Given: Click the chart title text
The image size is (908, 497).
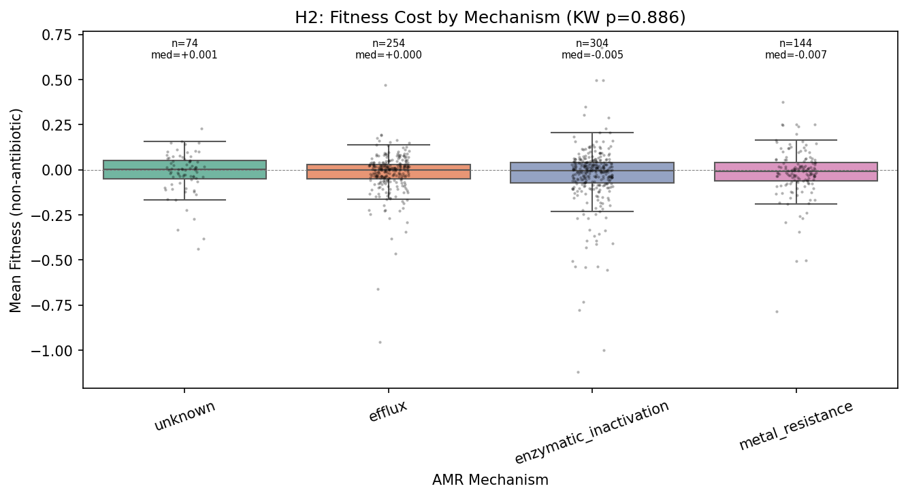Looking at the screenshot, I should click(489, 18).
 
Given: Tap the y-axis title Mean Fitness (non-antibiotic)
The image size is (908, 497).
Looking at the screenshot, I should click(16, 209).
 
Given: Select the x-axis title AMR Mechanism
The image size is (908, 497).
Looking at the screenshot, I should click(489, 480).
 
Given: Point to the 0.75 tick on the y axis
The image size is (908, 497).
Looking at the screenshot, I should click(57, 35).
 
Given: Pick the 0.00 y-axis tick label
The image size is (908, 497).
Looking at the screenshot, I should click(57, 170).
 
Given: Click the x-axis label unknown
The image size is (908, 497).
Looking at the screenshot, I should click(184, 415).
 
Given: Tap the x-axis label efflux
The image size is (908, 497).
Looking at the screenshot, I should click(388, 411).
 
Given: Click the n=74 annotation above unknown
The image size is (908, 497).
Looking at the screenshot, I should click(184, 44).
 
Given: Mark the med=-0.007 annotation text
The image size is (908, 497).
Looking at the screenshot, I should click(796, 55).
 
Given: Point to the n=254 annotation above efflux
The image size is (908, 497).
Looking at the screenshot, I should click(388, 44).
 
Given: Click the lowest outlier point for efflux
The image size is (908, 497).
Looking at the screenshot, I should click(380, 342).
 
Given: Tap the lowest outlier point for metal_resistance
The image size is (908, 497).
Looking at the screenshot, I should click(776, 311).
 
